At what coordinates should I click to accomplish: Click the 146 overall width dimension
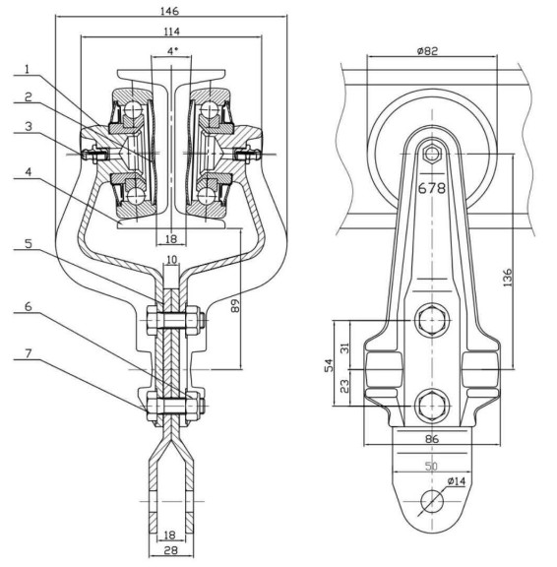pos(169,11)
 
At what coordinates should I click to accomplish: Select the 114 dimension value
pos(171,31)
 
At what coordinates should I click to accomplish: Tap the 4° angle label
pos(173,51)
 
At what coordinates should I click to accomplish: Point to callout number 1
pos(28,69)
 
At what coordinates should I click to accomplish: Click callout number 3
pos(29,126)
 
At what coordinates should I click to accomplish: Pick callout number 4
pos(29,171)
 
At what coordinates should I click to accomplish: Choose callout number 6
pos(29,307)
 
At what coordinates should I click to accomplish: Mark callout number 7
pos(29,353)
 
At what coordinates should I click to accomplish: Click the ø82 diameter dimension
pos(427,51)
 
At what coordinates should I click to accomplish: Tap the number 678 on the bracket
pos(432,188)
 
